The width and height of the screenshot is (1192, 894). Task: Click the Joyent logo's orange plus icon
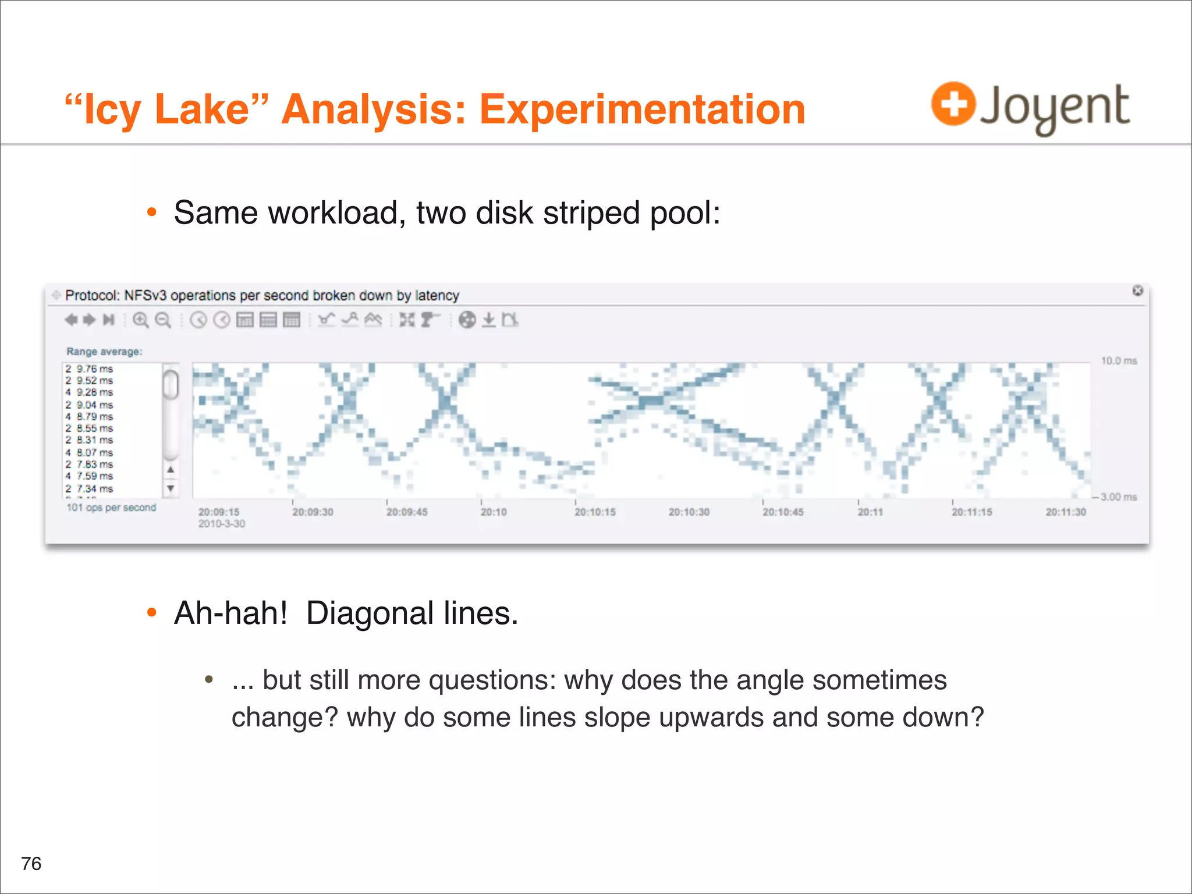tap(953, 104)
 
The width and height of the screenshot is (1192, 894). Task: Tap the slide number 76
tap(31, 863)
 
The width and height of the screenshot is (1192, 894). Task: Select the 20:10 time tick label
tap(494, 512)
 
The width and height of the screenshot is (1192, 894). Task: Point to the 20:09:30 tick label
tap(313, 512)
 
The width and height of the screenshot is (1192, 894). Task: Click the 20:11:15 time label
tap(971, 512)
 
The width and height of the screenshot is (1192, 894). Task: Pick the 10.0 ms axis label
tap(1118, 361)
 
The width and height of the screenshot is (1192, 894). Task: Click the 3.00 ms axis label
tap(1118, 496)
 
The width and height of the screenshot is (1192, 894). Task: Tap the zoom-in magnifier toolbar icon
tap(140, 320)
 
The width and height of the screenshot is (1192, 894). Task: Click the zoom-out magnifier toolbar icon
tap(164, 320)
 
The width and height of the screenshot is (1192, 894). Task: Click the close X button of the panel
tap(1137, 290)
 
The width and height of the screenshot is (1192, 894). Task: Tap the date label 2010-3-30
tap(222, 524)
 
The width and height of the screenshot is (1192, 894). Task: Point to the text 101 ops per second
tap(111, 508)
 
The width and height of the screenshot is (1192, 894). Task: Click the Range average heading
tap(104, 352)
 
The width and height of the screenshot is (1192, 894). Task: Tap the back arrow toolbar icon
tap(71, 320)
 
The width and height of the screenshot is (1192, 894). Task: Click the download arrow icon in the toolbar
tap(489, 320)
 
